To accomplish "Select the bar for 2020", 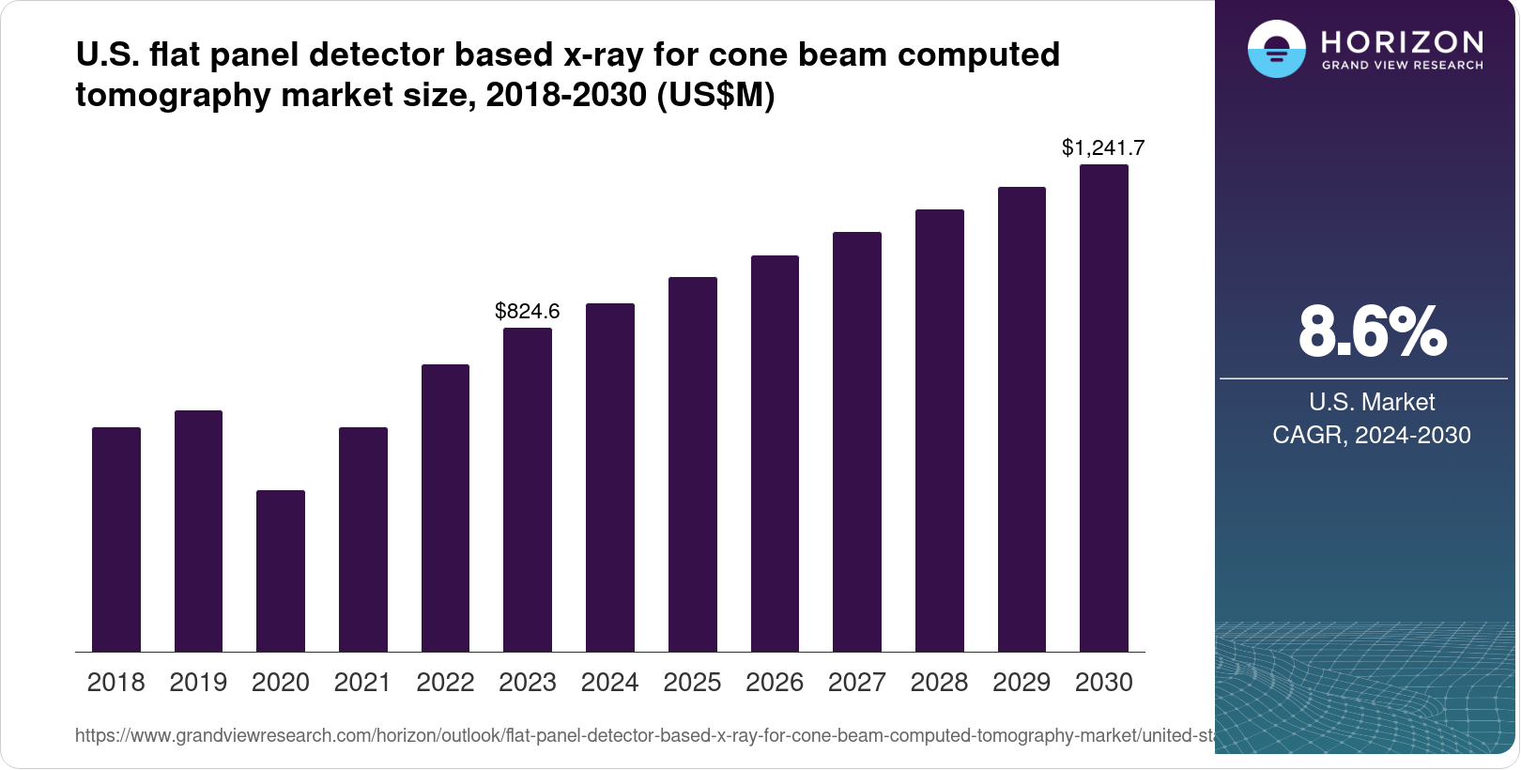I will [281, 571].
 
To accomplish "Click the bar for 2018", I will [116, 540].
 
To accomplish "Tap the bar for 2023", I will [528, 490].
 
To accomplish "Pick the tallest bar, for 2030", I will [1104, 408].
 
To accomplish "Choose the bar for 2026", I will [775, 454].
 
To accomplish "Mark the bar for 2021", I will [363, 540].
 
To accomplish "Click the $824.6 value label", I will [528, 311].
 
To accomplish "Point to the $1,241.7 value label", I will [1103, 147].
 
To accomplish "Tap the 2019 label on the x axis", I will [198, 683].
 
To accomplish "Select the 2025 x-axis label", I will [692, 683].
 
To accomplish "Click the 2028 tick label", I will [939, 683].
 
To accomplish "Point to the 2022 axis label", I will [445, 683].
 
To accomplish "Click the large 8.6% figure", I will [1372, 331].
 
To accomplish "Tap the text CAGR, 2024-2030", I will [1371, 435].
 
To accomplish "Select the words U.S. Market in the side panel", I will [1372, 402].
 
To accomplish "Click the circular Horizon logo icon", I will [1276, 50].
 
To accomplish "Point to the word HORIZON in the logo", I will [1402, 41].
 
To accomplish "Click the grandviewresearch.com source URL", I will [644, 735].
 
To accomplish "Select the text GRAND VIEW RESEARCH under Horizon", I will [1402, 66].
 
